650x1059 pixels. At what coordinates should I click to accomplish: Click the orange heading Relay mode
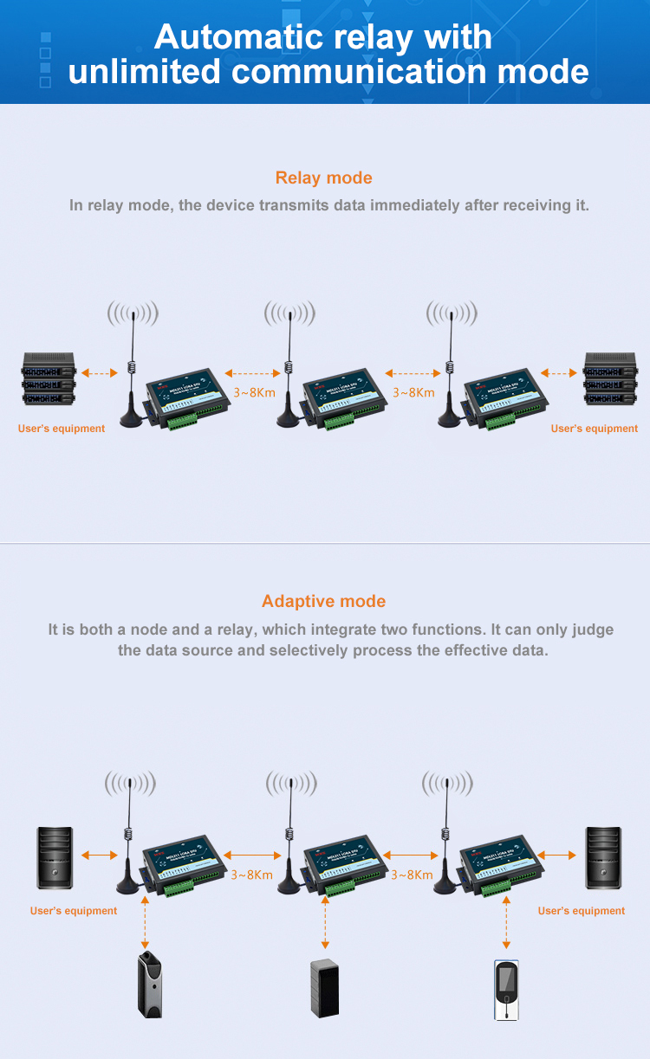click(x=323, y=178)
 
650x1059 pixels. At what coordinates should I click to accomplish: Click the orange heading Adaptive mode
click(x=323, y=601)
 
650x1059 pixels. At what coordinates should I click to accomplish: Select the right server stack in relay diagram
click(x=611, y=378)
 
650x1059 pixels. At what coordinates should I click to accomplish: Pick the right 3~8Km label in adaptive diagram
click(x=412, y=875)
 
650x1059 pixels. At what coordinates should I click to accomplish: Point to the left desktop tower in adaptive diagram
click(x=54, y=857)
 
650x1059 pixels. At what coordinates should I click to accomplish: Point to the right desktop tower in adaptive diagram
click(x=603, y=857)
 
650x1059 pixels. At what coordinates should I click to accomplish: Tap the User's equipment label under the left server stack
click(x=62, y=429)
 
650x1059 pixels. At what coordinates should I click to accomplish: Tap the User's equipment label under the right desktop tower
click(x=581, y=911)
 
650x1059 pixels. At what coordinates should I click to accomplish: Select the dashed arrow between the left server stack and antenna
click(x=99, y=373)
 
